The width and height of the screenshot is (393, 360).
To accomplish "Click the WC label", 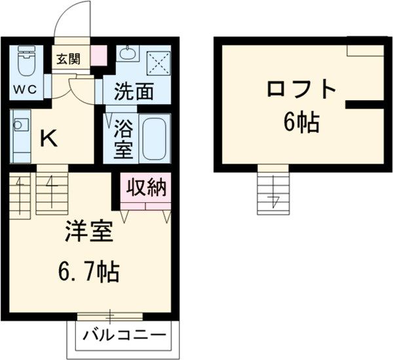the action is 25,90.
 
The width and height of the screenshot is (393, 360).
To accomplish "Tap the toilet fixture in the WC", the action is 26,61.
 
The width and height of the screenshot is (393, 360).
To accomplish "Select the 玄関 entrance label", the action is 68,59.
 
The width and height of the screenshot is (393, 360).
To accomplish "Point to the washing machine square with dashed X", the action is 159,63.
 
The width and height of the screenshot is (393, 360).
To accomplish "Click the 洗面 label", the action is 134,92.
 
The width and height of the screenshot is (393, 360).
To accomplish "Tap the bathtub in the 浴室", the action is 154,138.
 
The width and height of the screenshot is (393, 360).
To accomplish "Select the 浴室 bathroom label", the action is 123,139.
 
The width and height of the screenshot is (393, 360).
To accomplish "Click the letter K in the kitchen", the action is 49,139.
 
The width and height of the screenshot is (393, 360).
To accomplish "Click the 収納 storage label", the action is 146,187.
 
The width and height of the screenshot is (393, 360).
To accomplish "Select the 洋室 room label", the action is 88,231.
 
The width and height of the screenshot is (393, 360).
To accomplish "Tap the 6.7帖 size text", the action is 88,272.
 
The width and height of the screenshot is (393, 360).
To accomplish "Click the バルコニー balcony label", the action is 124,335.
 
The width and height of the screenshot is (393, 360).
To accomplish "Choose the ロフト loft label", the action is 301,90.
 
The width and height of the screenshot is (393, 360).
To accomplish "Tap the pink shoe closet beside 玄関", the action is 98,56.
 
